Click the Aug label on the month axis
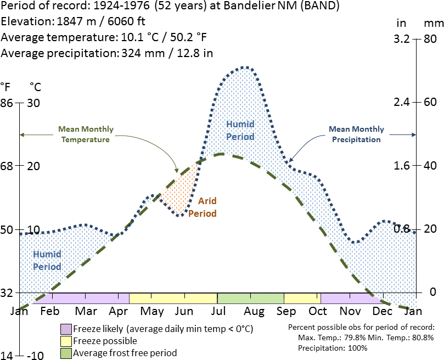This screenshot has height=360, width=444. [x=255, y=312]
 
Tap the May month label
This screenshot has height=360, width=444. [x=152, y=312]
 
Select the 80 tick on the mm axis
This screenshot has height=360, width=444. [x=430, y=40]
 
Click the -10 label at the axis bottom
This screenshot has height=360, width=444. [x=34, y=355]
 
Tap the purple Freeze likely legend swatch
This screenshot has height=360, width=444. [x=66, y=329]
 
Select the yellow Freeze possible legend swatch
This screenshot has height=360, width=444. [x=66, y=341]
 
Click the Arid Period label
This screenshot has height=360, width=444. [x=203, y=207]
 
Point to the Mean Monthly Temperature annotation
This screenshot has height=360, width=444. [x=86, y=134]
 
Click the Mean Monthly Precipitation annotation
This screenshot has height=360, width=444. [x=356, y=134]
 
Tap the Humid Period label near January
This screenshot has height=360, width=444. [x=47, y=260]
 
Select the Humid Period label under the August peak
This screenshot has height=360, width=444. [x=240, y=130]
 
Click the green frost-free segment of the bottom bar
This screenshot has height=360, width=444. [x=251, y=298]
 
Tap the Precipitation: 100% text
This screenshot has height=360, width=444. [x=333, y=348]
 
